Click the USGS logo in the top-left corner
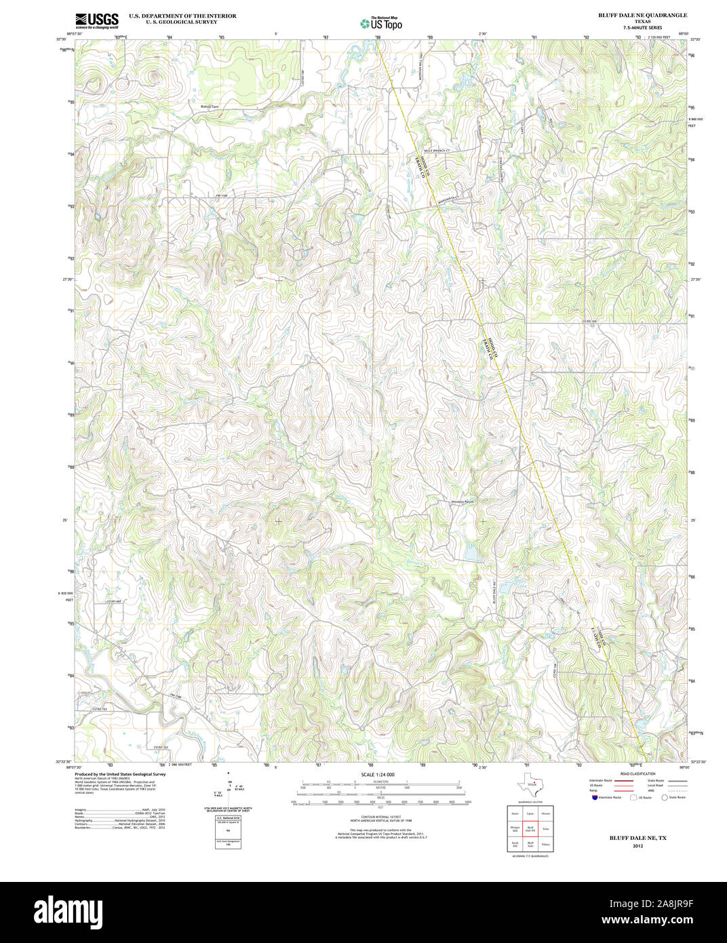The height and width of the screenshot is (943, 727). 96,20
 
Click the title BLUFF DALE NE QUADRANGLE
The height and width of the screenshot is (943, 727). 642,15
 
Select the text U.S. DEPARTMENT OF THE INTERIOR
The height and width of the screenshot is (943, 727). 182,16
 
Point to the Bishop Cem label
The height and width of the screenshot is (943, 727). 210,107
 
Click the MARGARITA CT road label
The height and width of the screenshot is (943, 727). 448,199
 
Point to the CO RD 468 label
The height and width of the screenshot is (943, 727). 113,602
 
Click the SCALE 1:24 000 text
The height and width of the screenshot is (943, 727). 378,774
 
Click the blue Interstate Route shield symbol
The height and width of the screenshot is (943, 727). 594,798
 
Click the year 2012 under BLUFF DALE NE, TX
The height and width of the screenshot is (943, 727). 637,846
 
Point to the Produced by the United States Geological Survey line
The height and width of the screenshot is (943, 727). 120,774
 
